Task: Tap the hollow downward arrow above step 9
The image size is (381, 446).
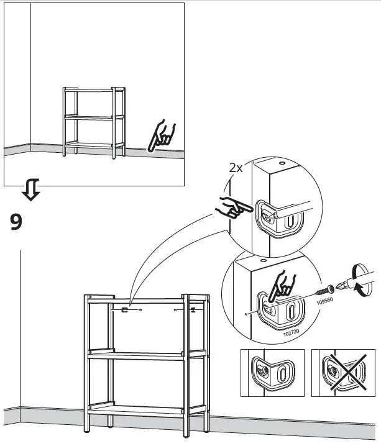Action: tap(30, 190)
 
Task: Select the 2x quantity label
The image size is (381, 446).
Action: tap(236, 168)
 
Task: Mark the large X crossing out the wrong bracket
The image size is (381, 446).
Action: tap(343, 373)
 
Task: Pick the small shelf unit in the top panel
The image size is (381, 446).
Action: tap(94, 122)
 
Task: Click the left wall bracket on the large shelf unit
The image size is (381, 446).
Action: tap(126, 309)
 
